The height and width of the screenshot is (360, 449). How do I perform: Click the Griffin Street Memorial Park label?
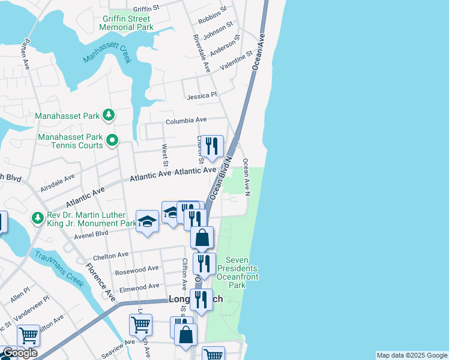(126, 23)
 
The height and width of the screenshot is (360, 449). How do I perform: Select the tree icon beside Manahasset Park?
(108, 114)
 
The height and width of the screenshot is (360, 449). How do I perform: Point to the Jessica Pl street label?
(201, 95)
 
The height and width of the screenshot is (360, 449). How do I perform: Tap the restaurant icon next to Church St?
(212, 146)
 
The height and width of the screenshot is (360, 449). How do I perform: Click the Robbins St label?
(212, 14)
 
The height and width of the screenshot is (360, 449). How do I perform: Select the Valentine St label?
(236, 61)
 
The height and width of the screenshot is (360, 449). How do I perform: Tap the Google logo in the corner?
(19, 353)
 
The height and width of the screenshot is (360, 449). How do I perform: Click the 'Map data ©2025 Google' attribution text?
(411, 355)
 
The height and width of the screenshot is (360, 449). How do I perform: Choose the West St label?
(164, 155)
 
